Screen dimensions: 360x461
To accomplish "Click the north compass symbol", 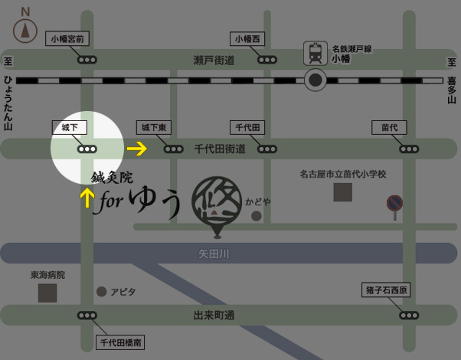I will click(25, 29).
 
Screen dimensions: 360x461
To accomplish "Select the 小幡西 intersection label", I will click(248, 38).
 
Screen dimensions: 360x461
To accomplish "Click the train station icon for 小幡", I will click(314, 53).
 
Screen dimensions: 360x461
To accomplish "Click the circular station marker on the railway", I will click(315, 80).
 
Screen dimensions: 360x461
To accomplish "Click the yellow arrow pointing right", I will click(136, 149).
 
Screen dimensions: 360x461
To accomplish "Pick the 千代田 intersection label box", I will click(248, 127).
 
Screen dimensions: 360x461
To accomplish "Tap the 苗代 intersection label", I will click(389, 127).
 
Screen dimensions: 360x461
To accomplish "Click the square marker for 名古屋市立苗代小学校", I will click(342, 191).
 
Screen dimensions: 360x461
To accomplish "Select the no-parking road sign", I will click(394, 203).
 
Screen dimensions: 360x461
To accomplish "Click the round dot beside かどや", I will click(256, 216).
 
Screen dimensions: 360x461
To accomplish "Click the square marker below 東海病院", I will click(47, 292).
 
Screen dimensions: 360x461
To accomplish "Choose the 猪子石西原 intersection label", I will click(387, 290).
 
